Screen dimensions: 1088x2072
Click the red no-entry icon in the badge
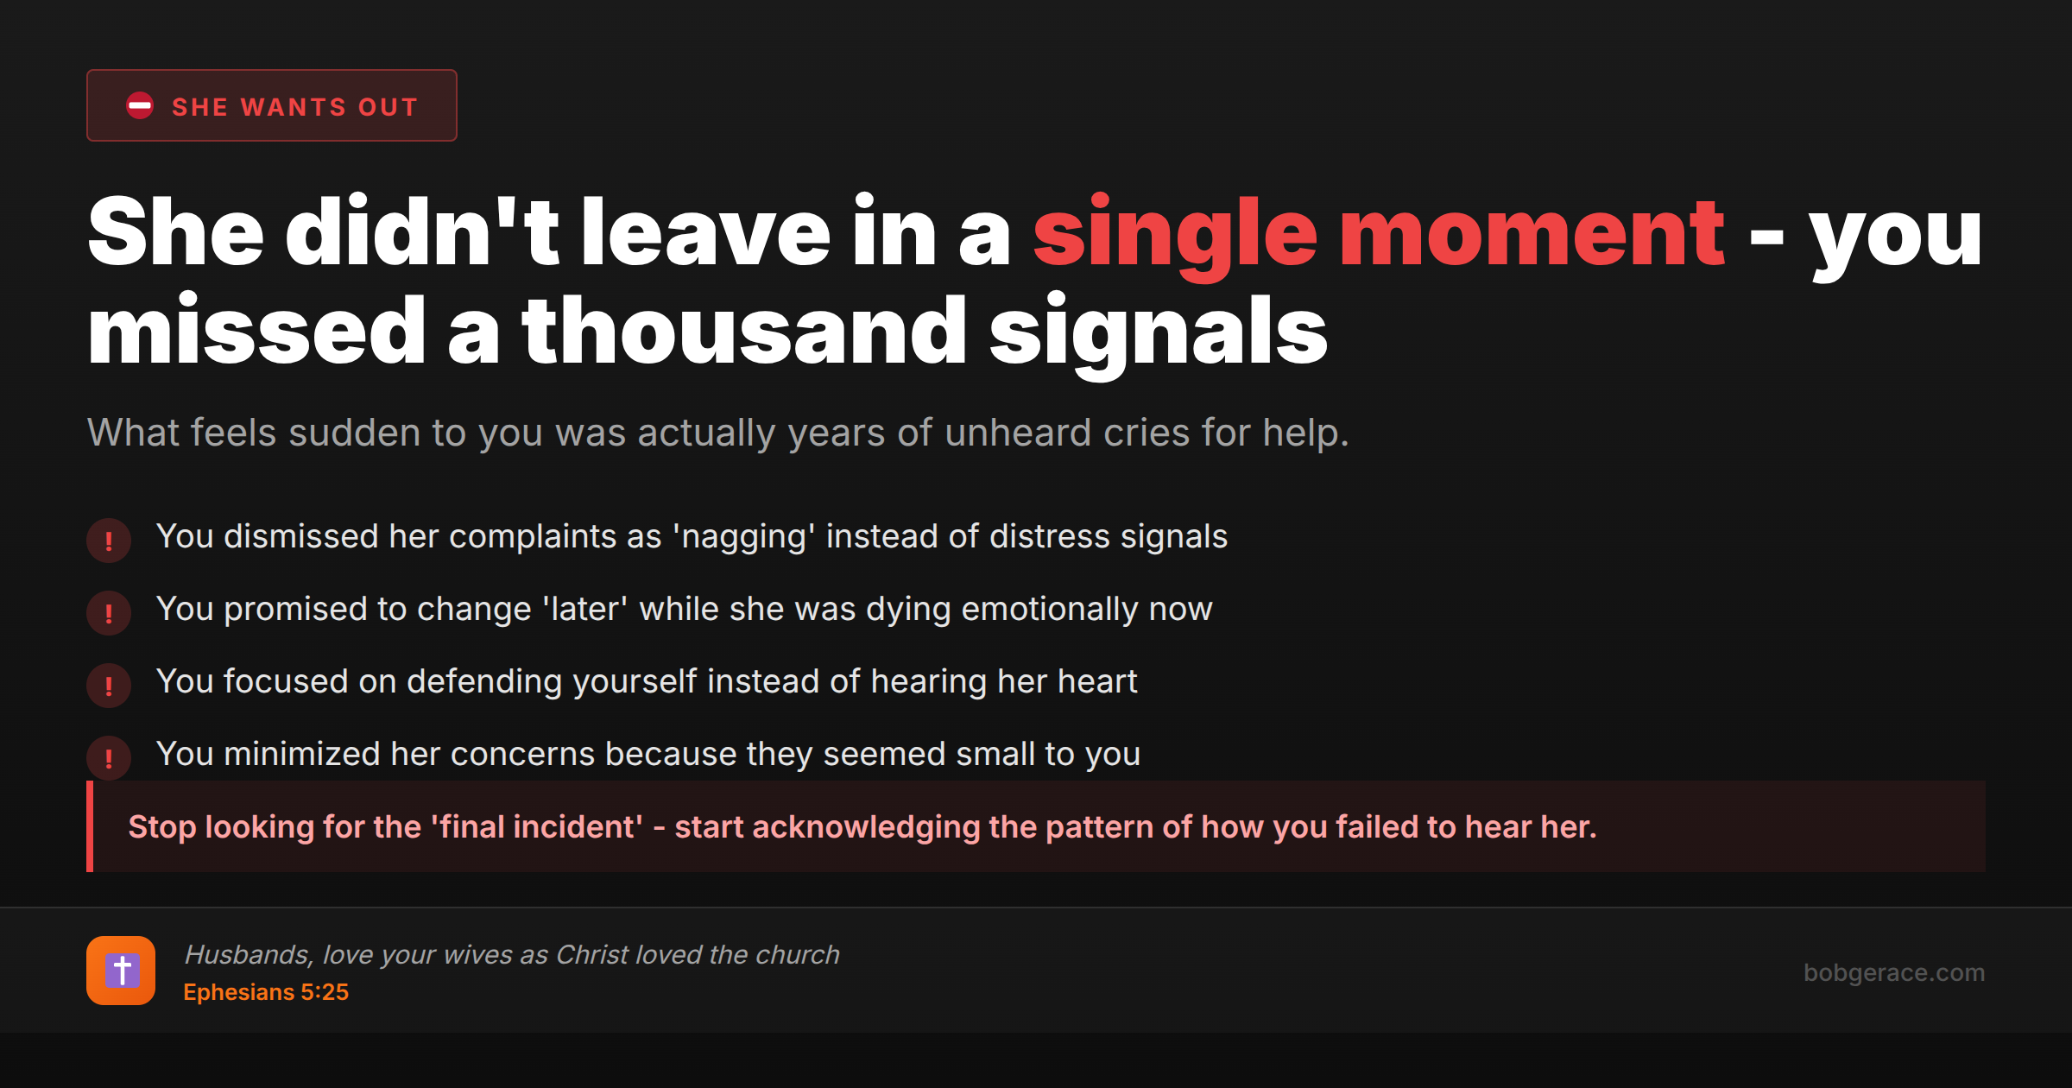140,106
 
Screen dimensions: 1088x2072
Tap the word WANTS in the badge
294,107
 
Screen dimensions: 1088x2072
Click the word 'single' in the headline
1175,233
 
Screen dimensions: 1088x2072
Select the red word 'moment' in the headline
1532,233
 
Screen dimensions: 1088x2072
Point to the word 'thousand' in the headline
744,332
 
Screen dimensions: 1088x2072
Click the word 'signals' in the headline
1158,332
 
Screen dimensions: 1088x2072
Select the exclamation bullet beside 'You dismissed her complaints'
109,541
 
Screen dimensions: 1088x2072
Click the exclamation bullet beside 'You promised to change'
109,613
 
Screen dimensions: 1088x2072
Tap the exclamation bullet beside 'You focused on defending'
109,686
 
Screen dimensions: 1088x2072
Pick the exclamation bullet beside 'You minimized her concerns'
109,758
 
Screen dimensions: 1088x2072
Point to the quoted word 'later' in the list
585,610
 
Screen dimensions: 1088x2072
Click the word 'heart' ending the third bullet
1098,682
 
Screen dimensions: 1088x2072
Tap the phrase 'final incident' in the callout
540,827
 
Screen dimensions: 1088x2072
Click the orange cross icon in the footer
121,971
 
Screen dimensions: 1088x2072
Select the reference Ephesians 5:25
266,992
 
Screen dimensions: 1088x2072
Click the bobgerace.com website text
1894,972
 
